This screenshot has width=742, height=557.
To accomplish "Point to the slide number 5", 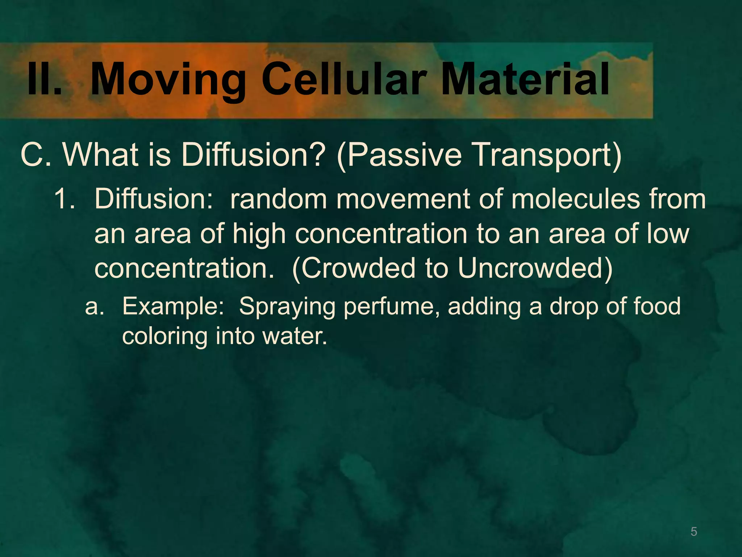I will pos(693,532).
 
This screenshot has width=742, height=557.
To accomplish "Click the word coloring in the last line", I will pos(164,337).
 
